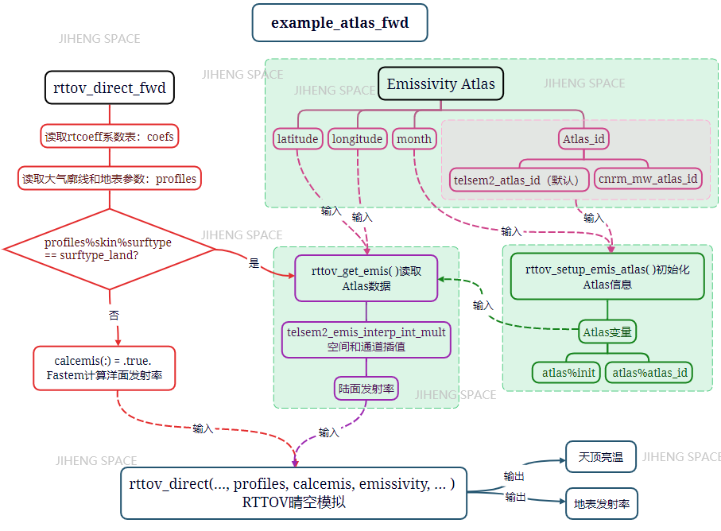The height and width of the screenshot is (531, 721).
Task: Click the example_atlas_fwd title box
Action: point(340,22)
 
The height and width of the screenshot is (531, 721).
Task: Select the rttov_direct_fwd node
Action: point(110,87)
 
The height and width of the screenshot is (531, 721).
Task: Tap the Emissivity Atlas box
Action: point(440,83)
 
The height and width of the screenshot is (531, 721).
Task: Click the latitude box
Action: point(297,139)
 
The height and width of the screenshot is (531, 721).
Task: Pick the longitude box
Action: point(357,139)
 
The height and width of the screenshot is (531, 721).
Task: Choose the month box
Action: point(414,139)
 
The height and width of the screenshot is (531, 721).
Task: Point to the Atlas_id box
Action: point(583,139)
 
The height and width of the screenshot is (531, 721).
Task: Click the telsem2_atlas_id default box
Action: point(520,179)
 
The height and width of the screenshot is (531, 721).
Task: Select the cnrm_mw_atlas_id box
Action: point(648,179)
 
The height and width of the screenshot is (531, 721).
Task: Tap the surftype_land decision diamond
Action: point(110,249)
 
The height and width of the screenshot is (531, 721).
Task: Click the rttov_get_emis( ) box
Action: point(366,278)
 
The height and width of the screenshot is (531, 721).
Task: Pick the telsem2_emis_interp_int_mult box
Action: point(366,339)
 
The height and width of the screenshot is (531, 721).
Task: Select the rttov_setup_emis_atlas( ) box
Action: point(607,277)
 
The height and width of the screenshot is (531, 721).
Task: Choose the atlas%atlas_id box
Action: point(648,373)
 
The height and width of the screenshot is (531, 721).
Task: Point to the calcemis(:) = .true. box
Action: point(110,367)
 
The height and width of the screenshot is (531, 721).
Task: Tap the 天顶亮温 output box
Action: point(600,457)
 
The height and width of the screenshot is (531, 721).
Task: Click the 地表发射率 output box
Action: point(601,504)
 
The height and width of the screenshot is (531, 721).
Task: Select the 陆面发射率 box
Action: point(366,388)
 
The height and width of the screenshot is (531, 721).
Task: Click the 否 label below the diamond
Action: point(114,315)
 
